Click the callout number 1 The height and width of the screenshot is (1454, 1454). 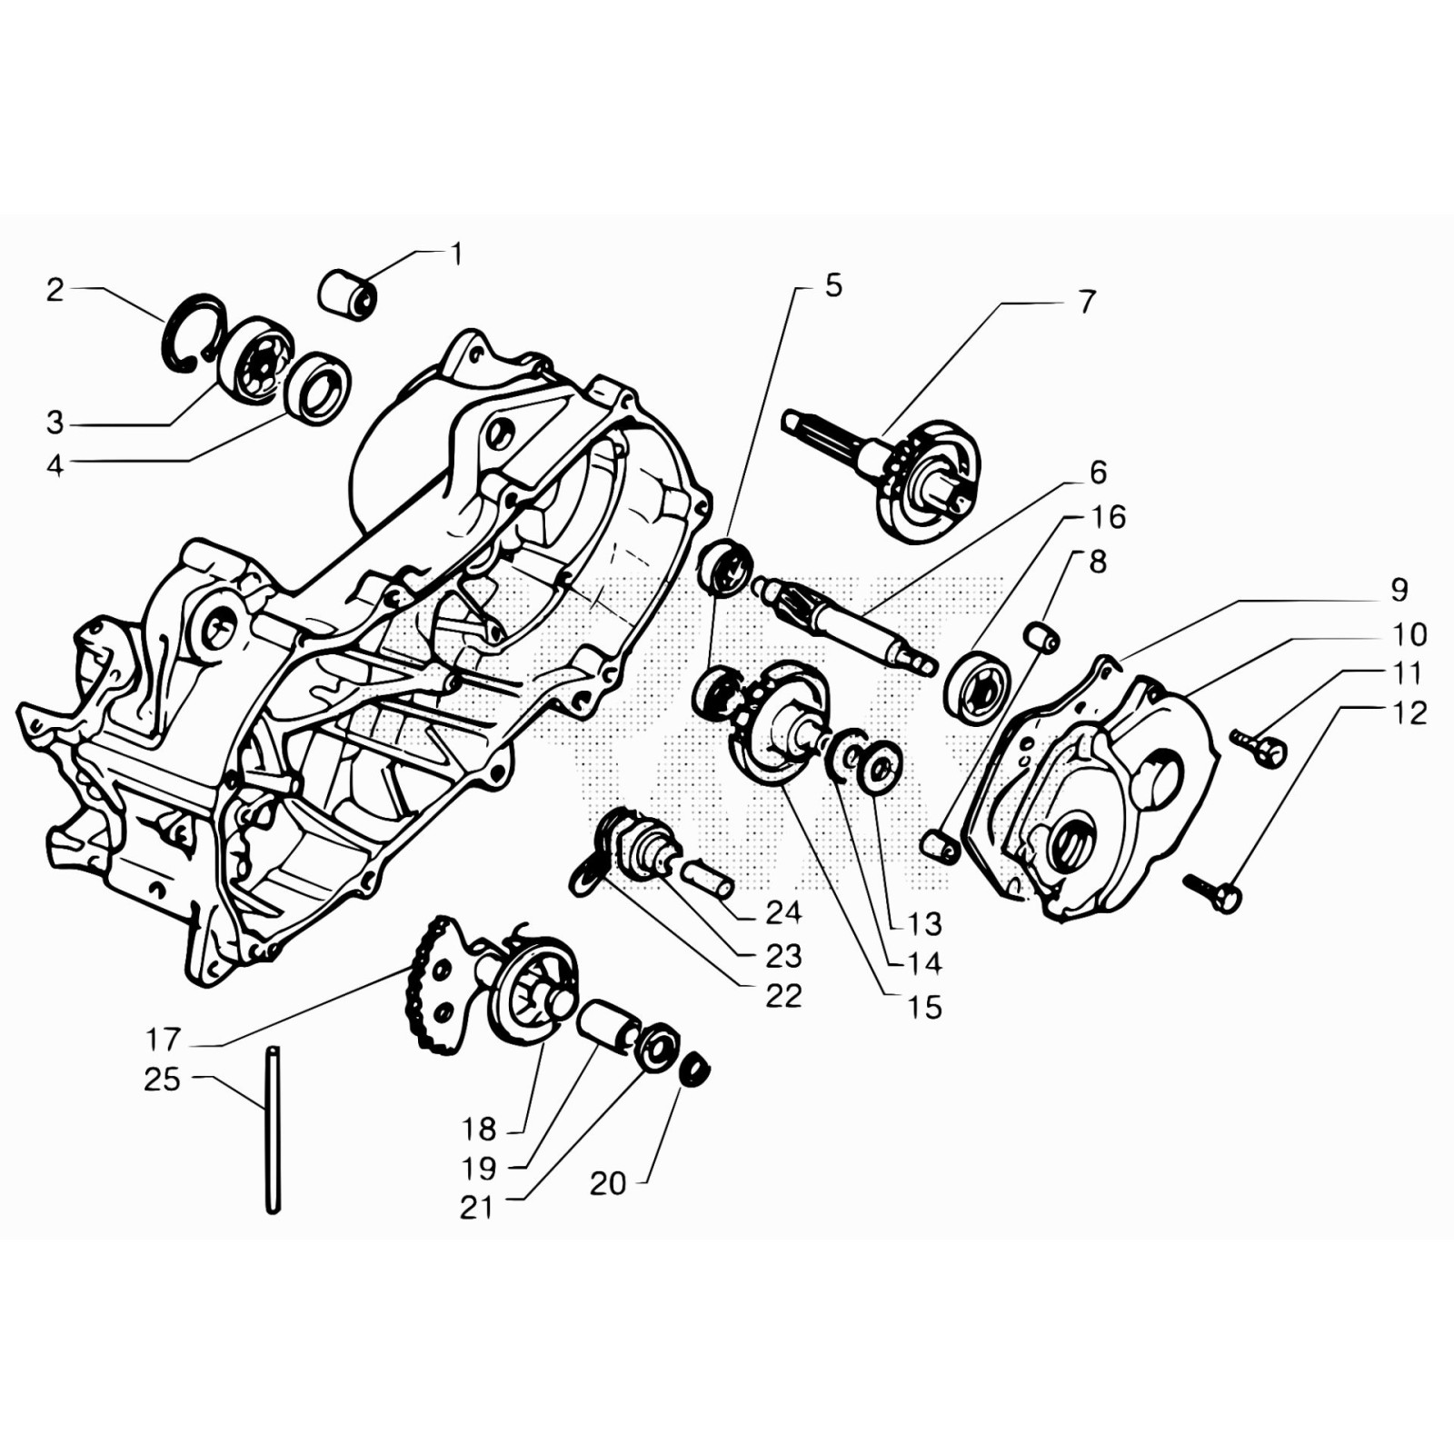(457, 254)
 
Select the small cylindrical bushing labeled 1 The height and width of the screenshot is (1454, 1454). (347, 293)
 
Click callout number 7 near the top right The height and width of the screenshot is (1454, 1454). (1087, 302)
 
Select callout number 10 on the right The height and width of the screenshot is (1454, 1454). (1409, 634)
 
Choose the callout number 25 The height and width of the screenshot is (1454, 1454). (163, 1080)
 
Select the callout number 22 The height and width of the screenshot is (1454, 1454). (783, 996)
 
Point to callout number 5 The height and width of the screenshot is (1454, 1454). (833, 286)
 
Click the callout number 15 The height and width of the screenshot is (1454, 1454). (924, 1007)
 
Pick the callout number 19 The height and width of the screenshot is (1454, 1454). (479, 1168)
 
